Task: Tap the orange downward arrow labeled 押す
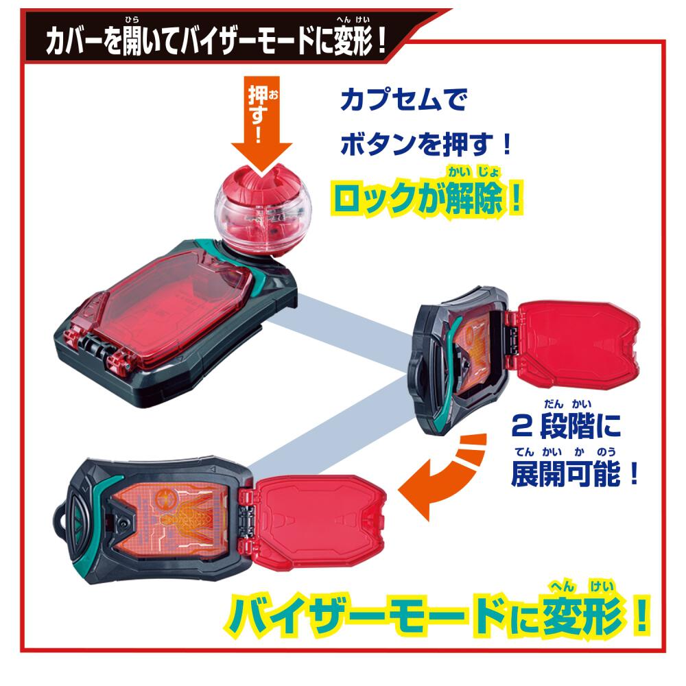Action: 261,125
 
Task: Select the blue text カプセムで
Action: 403,99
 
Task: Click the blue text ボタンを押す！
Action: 426,144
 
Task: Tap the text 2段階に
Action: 566,426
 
